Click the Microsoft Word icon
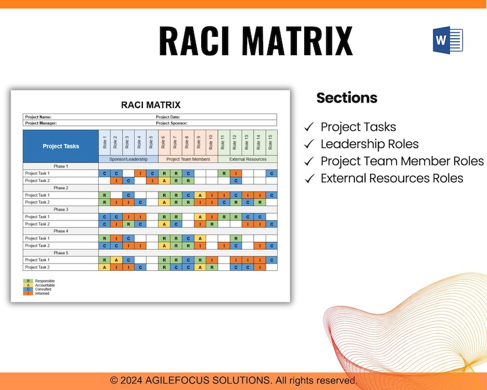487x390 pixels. (x=448, y=40)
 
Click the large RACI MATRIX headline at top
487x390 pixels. (x=256, y=41)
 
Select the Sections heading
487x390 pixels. (x=347, y=98)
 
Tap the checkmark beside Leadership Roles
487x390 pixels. (x=309, y=144)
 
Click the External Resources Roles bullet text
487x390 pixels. (x=392, y=178)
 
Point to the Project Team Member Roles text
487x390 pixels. (x=402, y=161)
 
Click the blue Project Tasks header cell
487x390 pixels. (x=61, y=146)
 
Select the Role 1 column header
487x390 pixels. (x=104, y=142)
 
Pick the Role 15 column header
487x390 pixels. (x=270, y=142)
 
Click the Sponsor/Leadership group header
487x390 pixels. (x=128, y=159)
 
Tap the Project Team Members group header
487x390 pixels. (x=188, y=159)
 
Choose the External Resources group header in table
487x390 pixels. (x=247, y=159)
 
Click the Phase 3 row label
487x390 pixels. (x=60, y=209)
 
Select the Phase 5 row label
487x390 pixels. (x=60, y=252)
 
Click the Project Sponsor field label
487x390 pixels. (x=171, y=123)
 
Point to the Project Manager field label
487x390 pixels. (x=40, y=123)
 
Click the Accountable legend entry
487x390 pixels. (x=45, y=285)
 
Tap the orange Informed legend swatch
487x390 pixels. (x=28, y=293)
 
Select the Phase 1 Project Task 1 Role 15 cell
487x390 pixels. (x=270, y=174)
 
